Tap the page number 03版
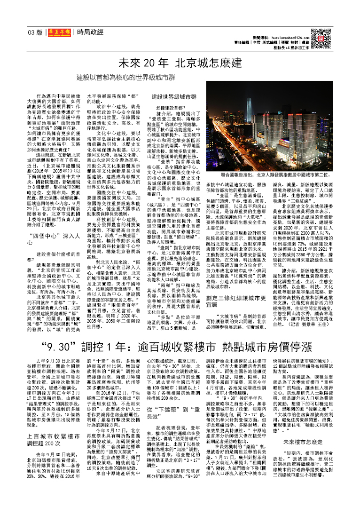pos(35,32)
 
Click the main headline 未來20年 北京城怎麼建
pos(180,63)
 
